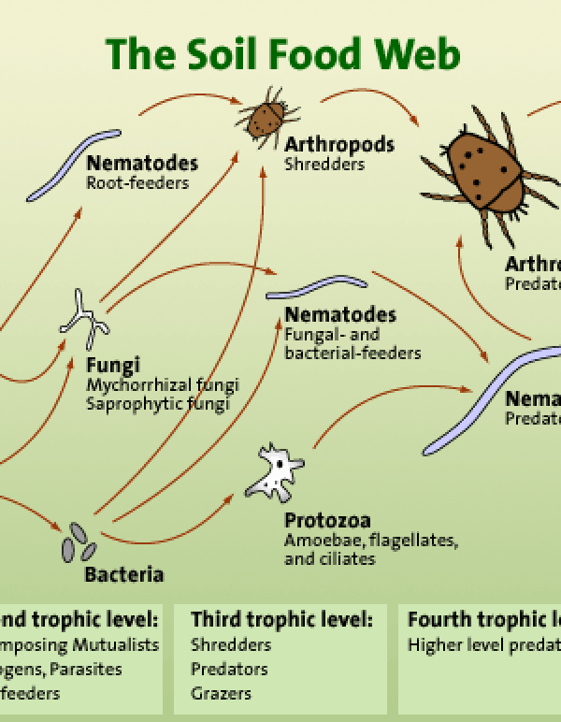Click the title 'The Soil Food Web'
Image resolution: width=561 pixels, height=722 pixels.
click(282, 53)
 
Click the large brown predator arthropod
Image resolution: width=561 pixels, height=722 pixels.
click(484, 172)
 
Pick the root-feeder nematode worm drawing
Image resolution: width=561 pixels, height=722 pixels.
click(73, 165)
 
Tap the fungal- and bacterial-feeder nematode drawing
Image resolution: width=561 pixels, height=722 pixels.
click(302, 287)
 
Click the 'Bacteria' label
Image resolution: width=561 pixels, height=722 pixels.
click(123, 573)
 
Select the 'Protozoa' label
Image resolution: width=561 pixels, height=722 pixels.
click(326, 520)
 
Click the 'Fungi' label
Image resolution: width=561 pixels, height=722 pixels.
click(112, 365)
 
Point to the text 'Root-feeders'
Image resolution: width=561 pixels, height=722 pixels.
click(137, 182)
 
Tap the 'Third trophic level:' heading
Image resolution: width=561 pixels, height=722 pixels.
click(281, 619)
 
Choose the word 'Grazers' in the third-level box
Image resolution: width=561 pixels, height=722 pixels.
click(221, 693)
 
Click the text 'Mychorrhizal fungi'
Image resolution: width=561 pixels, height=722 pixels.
click(162, 385)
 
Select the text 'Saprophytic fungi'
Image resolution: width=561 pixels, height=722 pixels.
click(158, 404)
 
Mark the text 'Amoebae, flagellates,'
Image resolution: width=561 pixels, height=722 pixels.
click(370, 541)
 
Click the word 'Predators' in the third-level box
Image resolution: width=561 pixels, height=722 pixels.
click(229, 669)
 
